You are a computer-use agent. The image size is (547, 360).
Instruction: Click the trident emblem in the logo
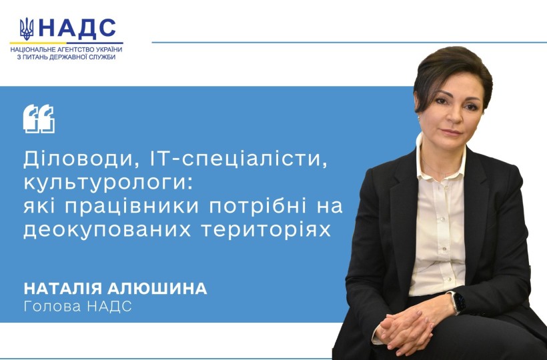tap(27, 29)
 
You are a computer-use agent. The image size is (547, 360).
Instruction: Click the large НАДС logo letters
tap(77, 29)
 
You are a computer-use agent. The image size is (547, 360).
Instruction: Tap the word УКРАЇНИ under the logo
tap(107, 49)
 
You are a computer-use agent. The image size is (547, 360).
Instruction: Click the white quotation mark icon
tap(39, 119)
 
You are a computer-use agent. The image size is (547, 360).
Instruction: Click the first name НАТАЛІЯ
tap(63, 289)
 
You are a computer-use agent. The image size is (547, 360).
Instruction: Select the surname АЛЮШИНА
tap(157, 289)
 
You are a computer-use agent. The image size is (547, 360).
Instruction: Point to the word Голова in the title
tap(52, 306)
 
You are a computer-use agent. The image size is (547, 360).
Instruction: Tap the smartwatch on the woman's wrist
tap(456, 303)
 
